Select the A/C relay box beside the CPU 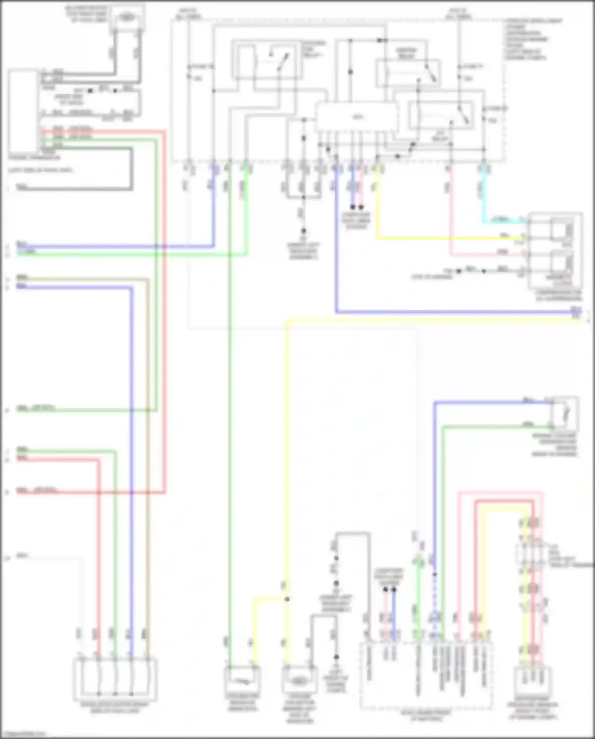[441, 115]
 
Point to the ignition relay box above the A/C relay [408, 73]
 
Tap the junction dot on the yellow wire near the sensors [287, 599]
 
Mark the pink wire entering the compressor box [488, 254]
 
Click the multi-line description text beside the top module [532, 40]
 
